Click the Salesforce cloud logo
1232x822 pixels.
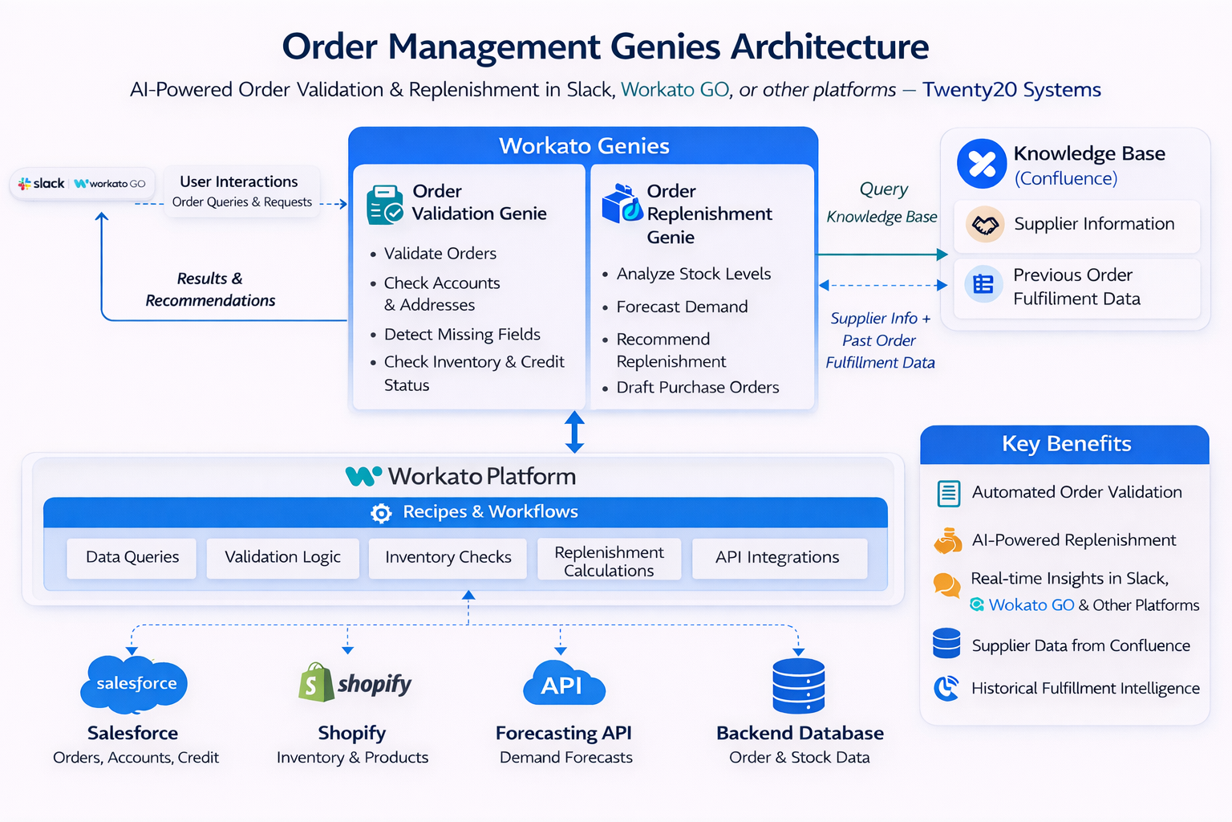(134, 684)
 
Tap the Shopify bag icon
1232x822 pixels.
(315, 682)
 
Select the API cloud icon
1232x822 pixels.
(563, 684)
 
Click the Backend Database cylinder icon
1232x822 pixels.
(798, 686)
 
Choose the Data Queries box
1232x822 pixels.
(132, 557)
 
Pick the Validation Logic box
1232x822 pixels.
(282, 557)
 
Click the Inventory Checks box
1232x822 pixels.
(448, 557)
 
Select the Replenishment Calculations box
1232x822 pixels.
(609, 560)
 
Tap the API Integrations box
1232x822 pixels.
(777, 557)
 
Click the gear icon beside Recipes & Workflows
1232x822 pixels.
(381, 513)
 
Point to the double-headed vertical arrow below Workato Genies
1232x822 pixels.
(574, 432)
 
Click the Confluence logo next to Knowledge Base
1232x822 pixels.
(982, 164)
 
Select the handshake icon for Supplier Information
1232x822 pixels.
(985, 225)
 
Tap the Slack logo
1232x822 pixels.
(41, 184)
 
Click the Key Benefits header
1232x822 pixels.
(1065, 444)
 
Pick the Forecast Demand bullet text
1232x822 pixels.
(682, 307)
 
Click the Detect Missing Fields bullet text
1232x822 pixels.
(462, 334)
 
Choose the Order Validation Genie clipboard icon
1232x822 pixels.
(384, 205)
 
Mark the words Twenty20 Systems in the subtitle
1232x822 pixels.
(1011, 90)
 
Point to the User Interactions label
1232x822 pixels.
(238, 181)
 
